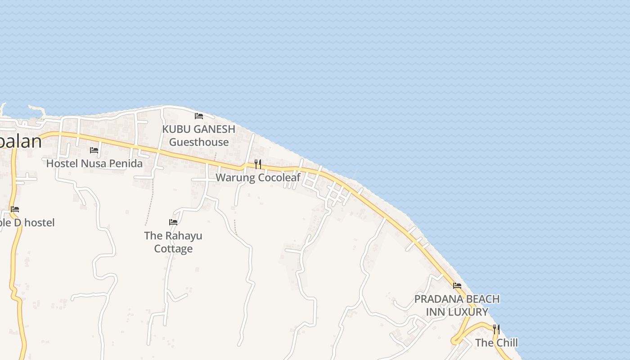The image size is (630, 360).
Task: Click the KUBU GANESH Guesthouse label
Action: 198,135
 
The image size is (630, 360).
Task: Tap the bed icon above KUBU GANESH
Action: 199,116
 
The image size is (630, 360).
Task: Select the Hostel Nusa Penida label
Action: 94,163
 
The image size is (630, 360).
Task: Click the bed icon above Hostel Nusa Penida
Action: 94,150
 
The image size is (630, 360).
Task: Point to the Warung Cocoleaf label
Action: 258,178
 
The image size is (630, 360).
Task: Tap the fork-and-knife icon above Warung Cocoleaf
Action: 258,164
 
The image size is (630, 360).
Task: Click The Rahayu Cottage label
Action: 173,242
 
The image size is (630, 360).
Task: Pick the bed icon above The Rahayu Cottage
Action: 173,222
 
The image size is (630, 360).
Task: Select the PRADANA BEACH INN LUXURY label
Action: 457,306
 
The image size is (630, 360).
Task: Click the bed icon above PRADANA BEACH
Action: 457,285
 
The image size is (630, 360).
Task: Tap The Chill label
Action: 496,343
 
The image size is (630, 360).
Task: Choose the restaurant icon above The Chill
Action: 496,329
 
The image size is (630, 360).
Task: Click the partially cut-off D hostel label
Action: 27,223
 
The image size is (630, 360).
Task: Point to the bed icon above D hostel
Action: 15,209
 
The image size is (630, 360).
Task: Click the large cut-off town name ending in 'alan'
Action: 21,141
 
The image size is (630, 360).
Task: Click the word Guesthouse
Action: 199,142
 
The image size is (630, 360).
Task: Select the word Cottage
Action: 173,249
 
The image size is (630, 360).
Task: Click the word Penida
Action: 124,163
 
